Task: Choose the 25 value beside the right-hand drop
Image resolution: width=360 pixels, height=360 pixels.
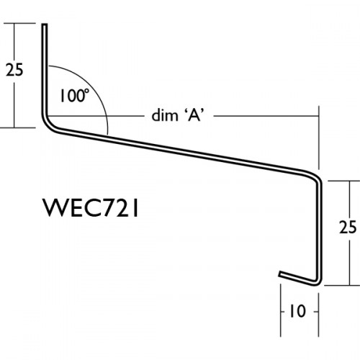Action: coord(347,228)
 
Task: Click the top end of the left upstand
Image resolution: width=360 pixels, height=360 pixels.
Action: coord(44,27)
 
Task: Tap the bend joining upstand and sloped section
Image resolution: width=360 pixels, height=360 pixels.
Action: coord(48,125)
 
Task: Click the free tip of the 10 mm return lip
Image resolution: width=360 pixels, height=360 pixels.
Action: coord(280,274)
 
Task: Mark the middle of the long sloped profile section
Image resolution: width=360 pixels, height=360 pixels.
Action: coord(180,152)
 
